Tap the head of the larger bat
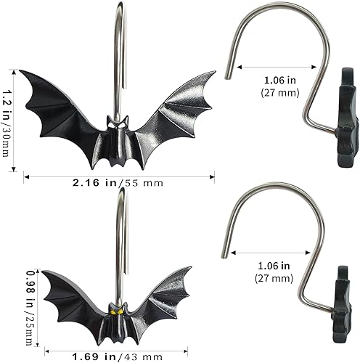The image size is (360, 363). click(118, 124)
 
